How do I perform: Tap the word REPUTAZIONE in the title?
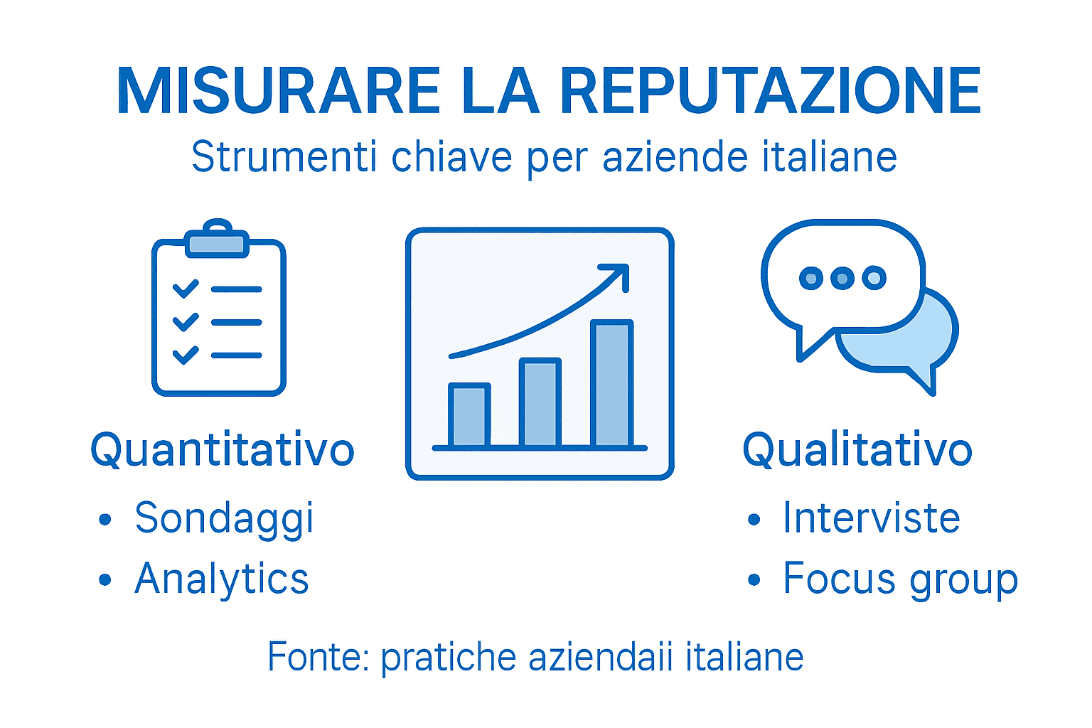(x=771, y=91)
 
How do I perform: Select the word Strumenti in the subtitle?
(x=284, y=157)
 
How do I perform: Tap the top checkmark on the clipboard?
(x=186, y=289)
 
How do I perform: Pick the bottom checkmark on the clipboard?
(x=186, y=354)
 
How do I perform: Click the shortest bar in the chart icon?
(x=469, y=415)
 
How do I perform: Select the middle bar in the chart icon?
(x=540, y=402)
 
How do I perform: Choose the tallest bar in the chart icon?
(x=611, y=384)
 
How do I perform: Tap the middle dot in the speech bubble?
(x=842, y=278)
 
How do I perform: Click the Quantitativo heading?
(x=222, y=450)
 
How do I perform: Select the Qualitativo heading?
(x=857, y=450)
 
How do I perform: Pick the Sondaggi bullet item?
(x=224, y=518)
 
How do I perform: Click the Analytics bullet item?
(x=222, y=579)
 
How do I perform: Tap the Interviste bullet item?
(x=872, y=518)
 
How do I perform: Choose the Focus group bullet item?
(x=900, y=579)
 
